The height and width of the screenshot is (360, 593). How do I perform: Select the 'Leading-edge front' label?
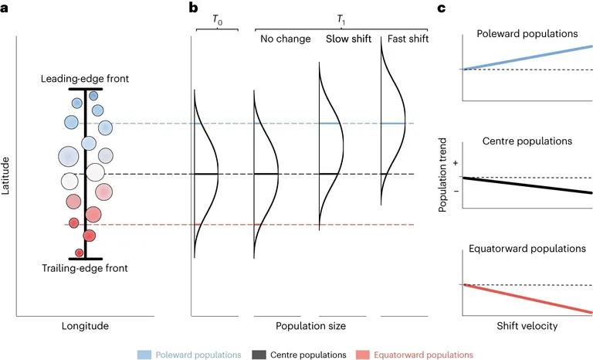click(x=85, y=79)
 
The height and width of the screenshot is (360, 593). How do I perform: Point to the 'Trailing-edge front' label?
click(x=85, y=268)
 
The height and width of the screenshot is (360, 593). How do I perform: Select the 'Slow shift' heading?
click(x=345, y=39)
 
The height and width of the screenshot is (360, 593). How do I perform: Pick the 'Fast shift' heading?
click(x=405, y=39)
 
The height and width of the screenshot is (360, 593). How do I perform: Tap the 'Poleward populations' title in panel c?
click(x=528, y=34)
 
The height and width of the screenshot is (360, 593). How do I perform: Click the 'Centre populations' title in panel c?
click(x=528, y=142)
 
